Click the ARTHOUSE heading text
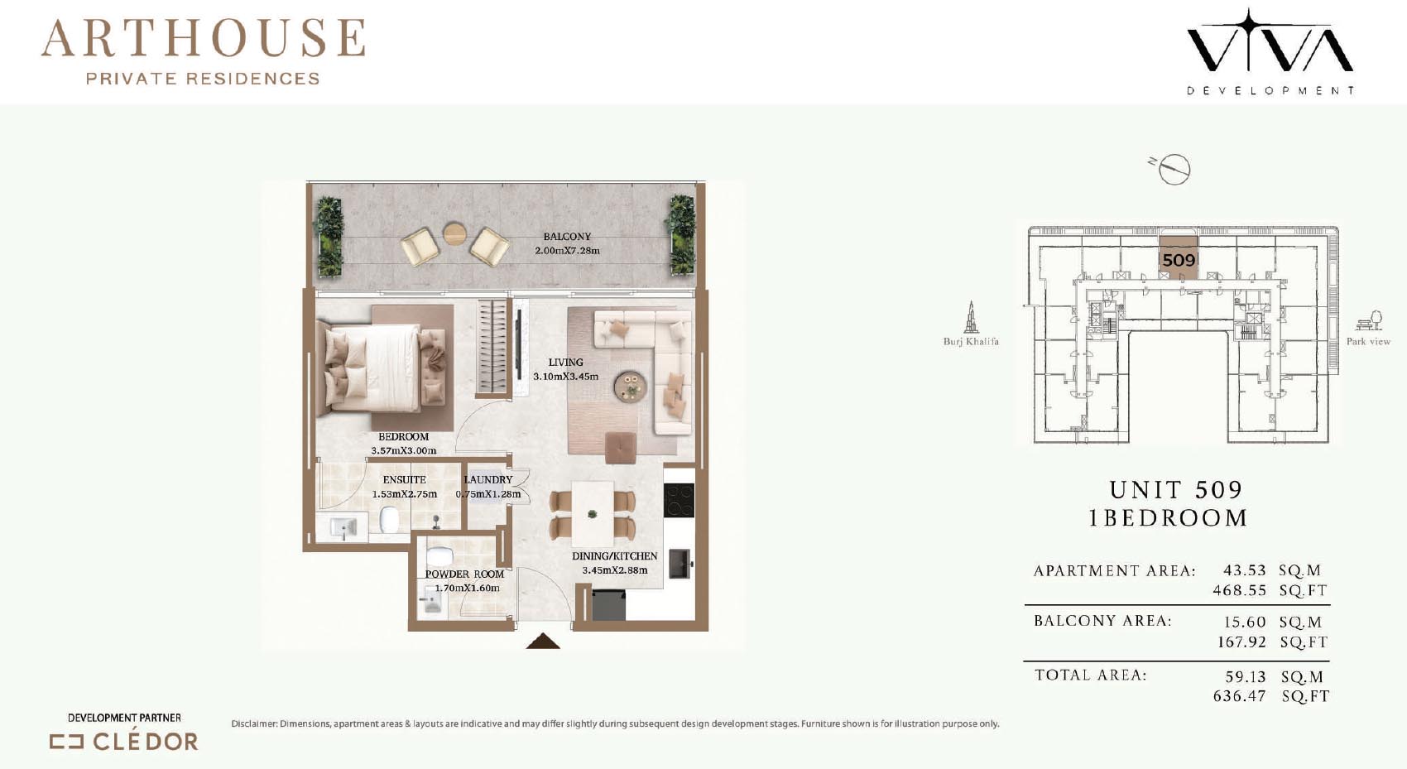204,38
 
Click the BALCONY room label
567,237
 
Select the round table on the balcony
454,233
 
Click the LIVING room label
565,363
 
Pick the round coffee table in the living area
630,386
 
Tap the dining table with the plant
593,514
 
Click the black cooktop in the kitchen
679,501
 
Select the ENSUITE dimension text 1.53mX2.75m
405,494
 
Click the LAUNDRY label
488,479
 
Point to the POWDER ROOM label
464,574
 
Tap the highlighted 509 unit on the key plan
1179,258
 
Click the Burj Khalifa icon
971,317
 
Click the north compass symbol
1173,169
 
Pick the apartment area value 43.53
1244,570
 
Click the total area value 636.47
1239,696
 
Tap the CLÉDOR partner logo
124,742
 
